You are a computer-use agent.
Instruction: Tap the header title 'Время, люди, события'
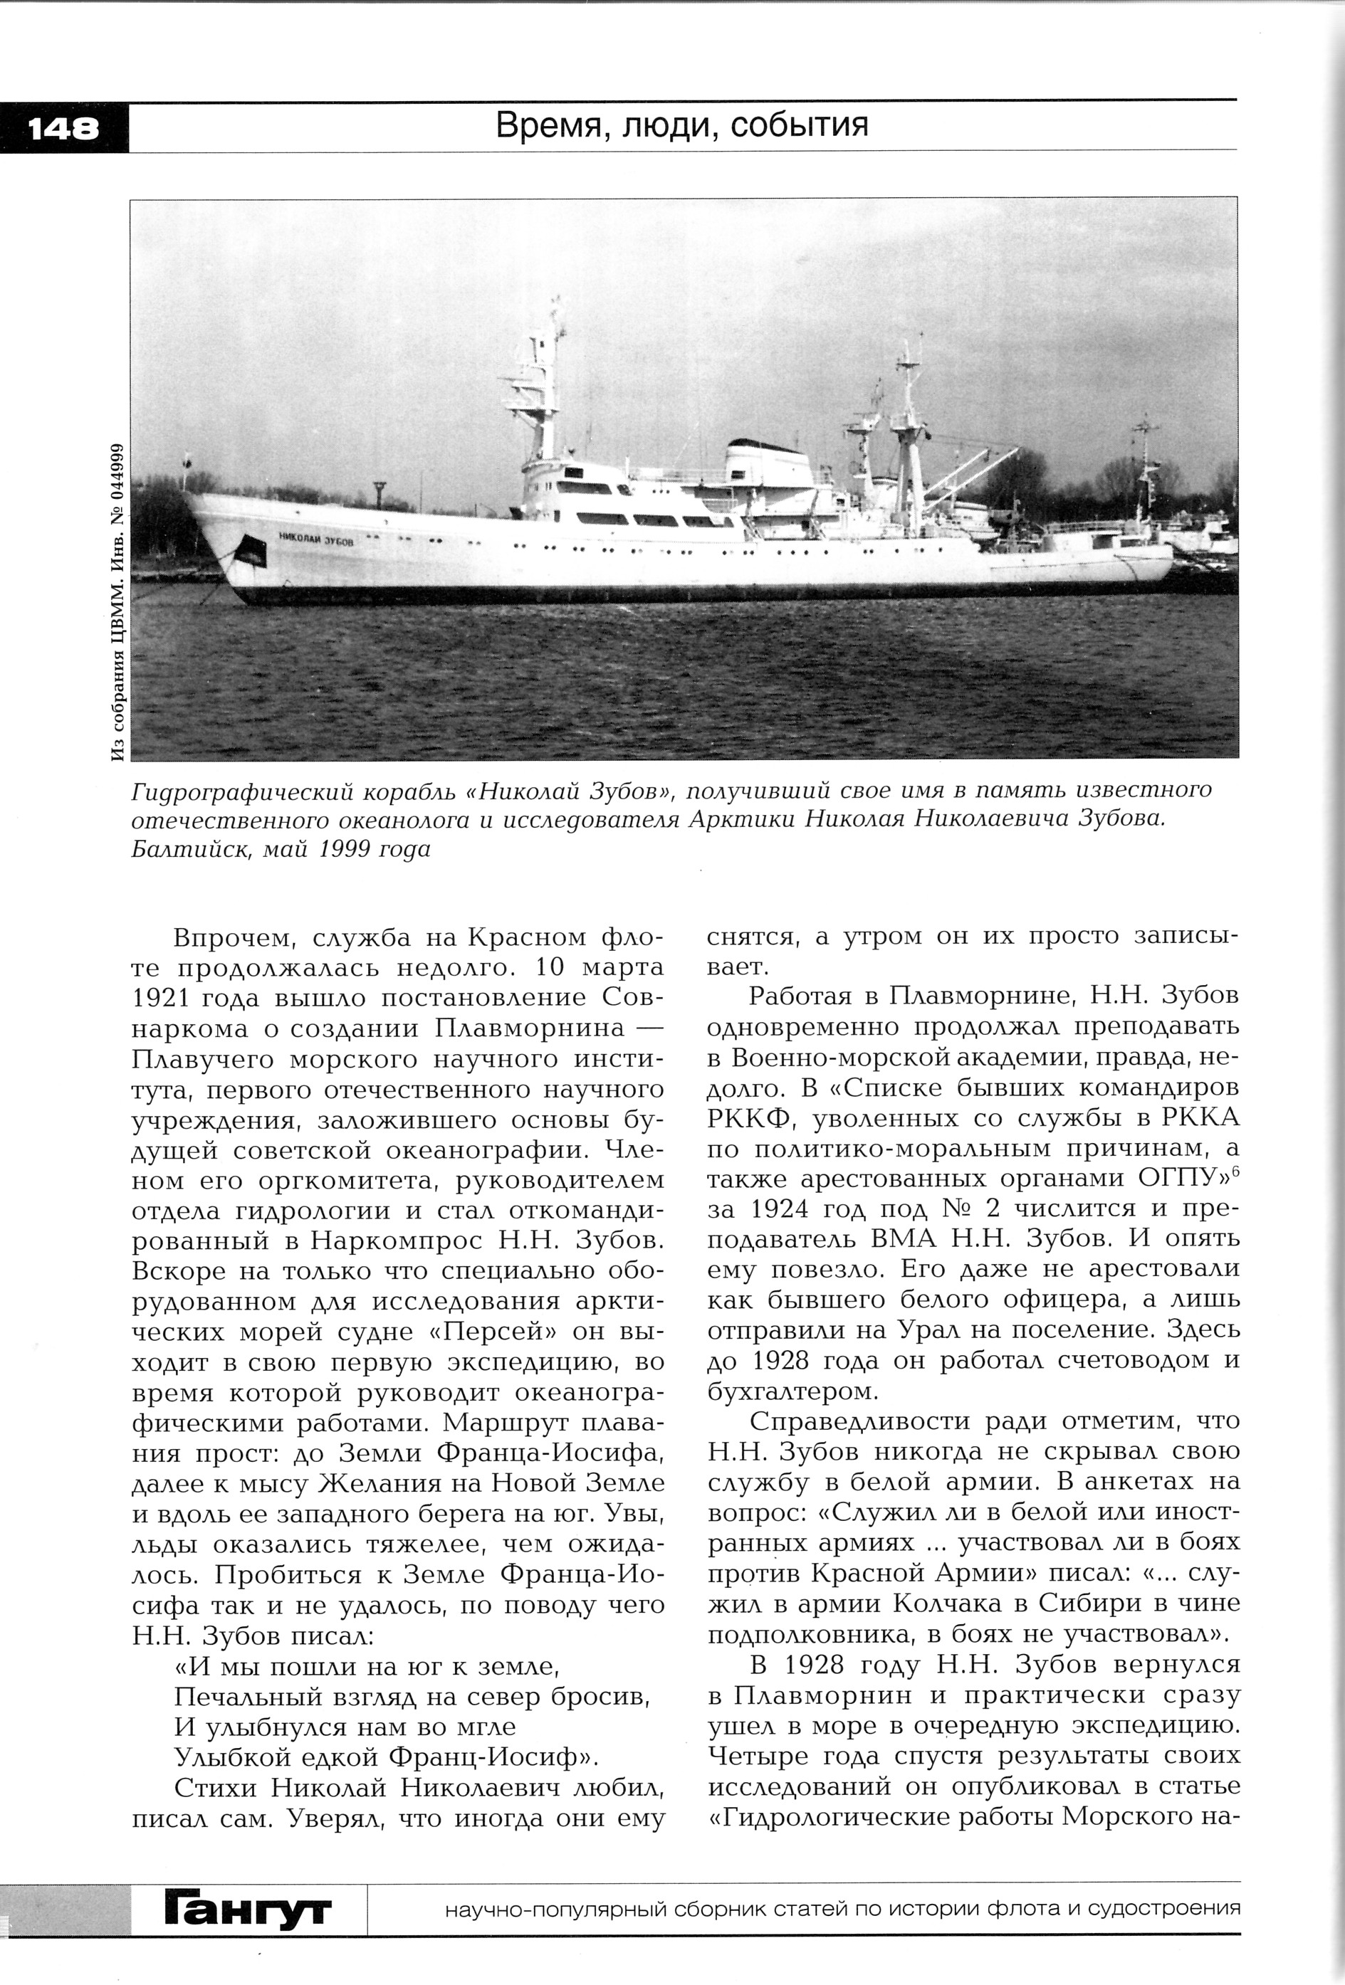point(682,125)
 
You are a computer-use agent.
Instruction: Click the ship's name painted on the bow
point(315,539)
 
